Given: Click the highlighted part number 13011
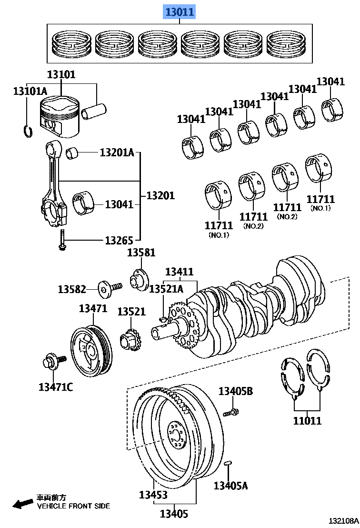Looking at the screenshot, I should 180,12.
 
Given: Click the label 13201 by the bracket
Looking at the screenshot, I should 160,195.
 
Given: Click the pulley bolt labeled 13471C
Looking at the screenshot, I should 50,363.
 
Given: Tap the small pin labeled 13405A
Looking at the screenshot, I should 228,463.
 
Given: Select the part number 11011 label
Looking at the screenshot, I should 307,421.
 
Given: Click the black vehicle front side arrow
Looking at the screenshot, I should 21,504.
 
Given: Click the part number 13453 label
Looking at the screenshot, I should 153,495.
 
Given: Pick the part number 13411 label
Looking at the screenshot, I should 179,272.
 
